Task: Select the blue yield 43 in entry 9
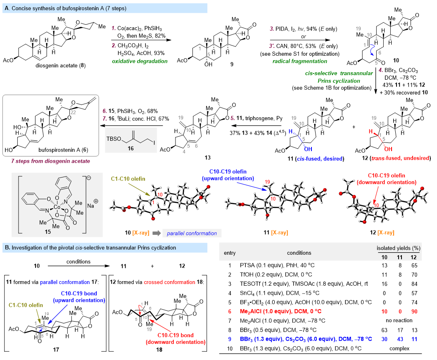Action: click(x=400, y=339)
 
